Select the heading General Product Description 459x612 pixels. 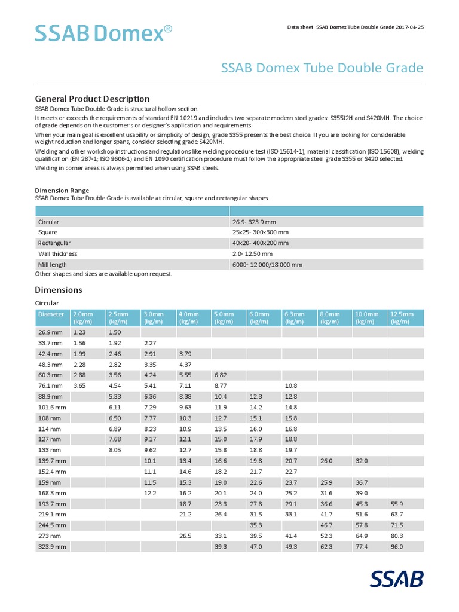(x=92, y=98)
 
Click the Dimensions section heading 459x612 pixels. (x=59, y=290)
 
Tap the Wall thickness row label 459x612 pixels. (x=57, y=253)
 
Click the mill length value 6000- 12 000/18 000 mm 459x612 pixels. (x=267, y=264)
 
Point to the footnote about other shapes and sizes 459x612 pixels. (x=103, y=274)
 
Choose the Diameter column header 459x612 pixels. (x=51, y=314)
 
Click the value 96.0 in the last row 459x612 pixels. (x=397, y=547)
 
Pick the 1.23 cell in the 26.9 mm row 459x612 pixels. (x=79, y=332)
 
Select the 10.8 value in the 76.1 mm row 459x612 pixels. (x=291, y=386)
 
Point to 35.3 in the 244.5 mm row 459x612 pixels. (x=256, y=525)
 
